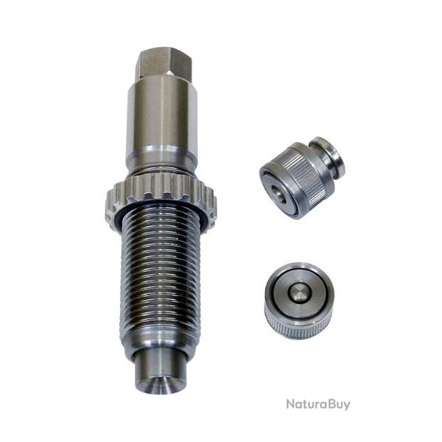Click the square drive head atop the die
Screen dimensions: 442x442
click(164, 63)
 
